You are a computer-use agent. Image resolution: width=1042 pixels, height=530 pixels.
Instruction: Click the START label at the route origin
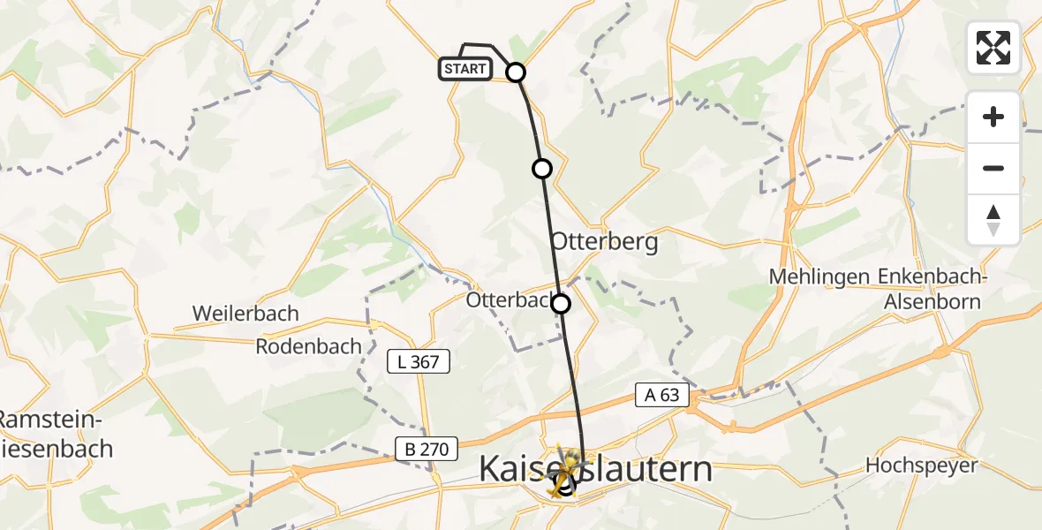click(x=464, y=69)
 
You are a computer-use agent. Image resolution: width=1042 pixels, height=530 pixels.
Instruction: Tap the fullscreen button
click(x=993, y=48)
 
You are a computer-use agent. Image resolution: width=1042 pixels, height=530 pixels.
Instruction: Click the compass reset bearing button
click(x=993, y=220)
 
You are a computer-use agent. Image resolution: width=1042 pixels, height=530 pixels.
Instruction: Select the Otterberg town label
click(x=605, y=242)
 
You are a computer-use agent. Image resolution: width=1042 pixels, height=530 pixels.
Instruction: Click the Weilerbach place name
click(x=245, y=314)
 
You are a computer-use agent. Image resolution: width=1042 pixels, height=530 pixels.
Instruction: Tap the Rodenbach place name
click(x=308, y=346)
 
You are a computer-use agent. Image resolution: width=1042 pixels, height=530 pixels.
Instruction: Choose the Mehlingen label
click(x=819, y=276)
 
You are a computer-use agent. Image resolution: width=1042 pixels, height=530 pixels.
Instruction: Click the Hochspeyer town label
click(x=922, y=466)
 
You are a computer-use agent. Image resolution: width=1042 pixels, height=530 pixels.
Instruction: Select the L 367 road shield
click(x=419, y=360)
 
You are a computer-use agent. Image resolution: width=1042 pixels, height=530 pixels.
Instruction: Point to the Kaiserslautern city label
click(x=595, y=469)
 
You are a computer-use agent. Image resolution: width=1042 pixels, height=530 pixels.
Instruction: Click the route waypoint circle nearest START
click(x=516, y=72)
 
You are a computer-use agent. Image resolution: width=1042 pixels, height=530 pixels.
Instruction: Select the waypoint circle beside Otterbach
click(x=561, y=305)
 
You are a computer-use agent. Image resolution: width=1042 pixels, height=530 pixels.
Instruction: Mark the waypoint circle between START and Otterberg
click(x=542, y=168)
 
